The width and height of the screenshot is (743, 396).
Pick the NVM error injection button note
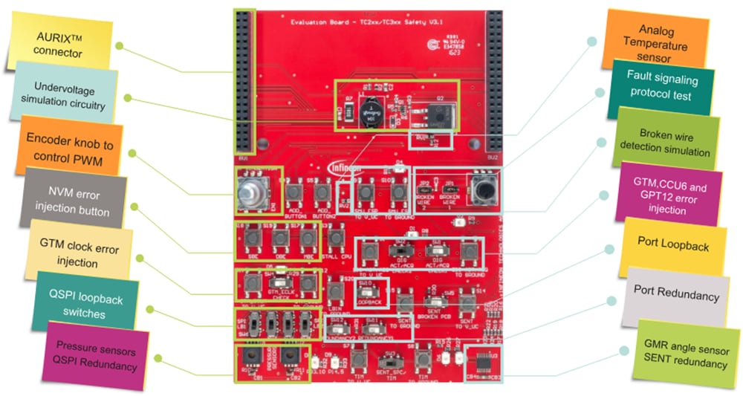coord(68,203)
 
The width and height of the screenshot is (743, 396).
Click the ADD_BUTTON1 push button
coord(294,192)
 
